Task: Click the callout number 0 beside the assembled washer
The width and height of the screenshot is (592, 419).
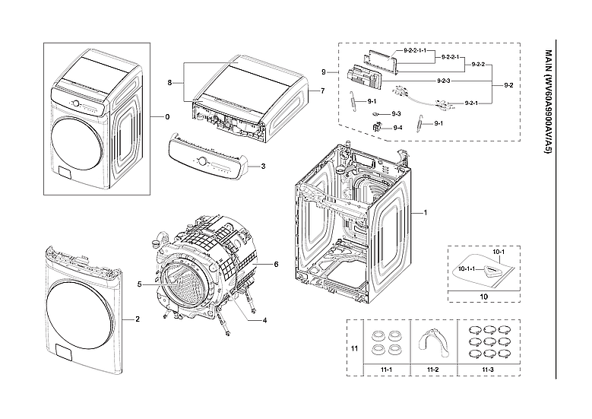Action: (167, 117)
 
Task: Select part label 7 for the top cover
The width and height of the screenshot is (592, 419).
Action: (322, 90)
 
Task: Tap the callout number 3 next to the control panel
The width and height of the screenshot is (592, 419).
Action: (262, 165)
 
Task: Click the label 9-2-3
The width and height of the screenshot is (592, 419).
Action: (445, 80)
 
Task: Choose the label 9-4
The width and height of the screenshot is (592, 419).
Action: (397, 128)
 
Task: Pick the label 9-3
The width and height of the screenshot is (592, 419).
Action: (397, 113)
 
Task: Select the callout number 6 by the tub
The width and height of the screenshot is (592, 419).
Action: (277, 264)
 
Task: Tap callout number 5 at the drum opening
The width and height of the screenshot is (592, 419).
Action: (140, 284)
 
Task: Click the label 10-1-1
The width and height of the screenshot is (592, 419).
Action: (466, 268)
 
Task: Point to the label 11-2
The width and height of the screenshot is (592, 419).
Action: (433, 370)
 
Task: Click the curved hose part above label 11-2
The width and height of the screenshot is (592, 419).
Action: (433, 340)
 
